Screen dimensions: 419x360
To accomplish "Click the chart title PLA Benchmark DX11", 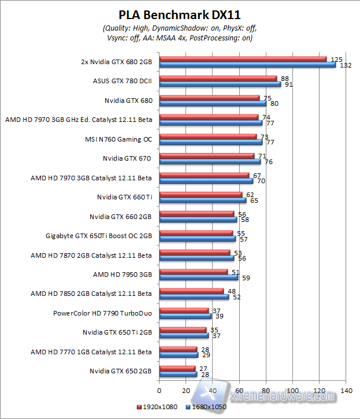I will (x=179, y=14).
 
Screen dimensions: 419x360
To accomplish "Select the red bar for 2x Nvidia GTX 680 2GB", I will (x=243, y=59).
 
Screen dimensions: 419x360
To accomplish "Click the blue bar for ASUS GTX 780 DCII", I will (x=220, y=84).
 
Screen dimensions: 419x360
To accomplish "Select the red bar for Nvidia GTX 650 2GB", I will (x=177, y=368).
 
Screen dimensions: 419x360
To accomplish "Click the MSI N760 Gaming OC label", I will (x=118, y=139).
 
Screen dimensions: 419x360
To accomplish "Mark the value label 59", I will (x=247, y=278).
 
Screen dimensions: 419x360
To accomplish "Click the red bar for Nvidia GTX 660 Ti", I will (x=201, y=195).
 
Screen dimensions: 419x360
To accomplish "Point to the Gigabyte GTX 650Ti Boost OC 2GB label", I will (x=99, y=236).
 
